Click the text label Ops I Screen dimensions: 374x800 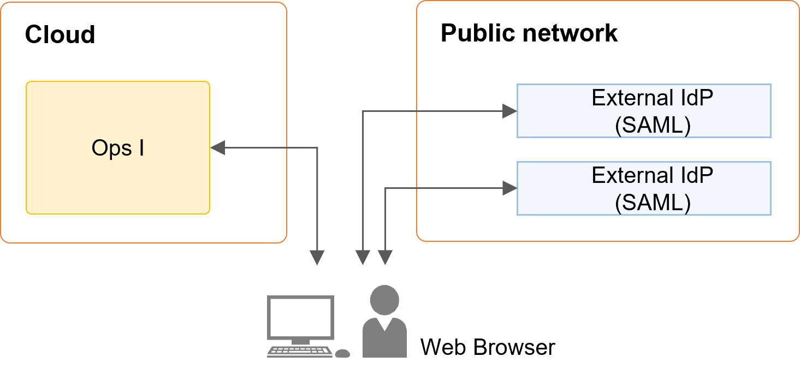click(x=118, y=149)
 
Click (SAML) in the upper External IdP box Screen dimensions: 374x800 click(x=653, y=126)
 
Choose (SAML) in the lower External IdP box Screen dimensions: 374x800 click(x=653, y=203)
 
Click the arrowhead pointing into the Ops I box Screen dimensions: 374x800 click(x=217, y=147)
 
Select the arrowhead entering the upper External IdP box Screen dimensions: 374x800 click(x=509, y=111)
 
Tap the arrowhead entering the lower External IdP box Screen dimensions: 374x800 click(x=509, y=189)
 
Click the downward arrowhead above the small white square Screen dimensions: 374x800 click(x=317, y=257)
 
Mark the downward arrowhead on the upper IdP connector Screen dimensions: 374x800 click(x=363, y=257)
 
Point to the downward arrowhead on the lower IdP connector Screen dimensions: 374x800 click(x=386, y=257)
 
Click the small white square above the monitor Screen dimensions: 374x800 click(x=317, y=280)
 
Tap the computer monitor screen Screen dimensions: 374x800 click(x=300, y=317)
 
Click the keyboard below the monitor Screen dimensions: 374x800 click(x=299, y=352)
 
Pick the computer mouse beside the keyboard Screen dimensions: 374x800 click(x=342, y=353)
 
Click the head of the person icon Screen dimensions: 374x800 click(x=384, y=300)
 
